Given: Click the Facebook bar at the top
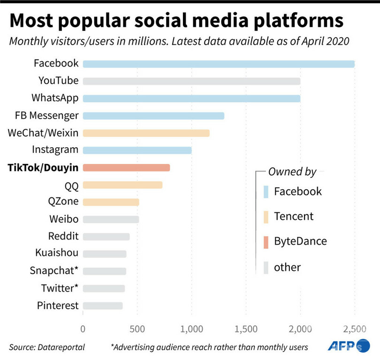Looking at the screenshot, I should pyautogui.click(x=219, y=64).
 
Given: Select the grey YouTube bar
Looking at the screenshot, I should pyautogui.click(x=191, y=81).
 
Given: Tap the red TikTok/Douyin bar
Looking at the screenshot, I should pyautogui.click(x=126, y=167).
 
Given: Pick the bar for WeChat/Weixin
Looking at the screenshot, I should pyautogui.click(x=146, y=133).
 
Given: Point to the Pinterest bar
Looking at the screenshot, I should pyautogui.click(x=103, y=306).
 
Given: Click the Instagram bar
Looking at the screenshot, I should pyautogui.click(x=137, y=150).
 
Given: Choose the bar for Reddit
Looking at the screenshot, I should pyautogui.click(x=106, y=237).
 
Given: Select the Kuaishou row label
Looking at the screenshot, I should pyautogui.click(x=57, y=253).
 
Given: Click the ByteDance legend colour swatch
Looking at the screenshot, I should pyautogui.click(x=266, y=242).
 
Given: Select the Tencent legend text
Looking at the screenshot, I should pyautogui.click(x=294, y=216).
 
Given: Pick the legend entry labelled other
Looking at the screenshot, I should pyautogui.click(x=287, y=267).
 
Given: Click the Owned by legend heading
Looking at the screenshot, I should pyautogui.click(x=292, y=172).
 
